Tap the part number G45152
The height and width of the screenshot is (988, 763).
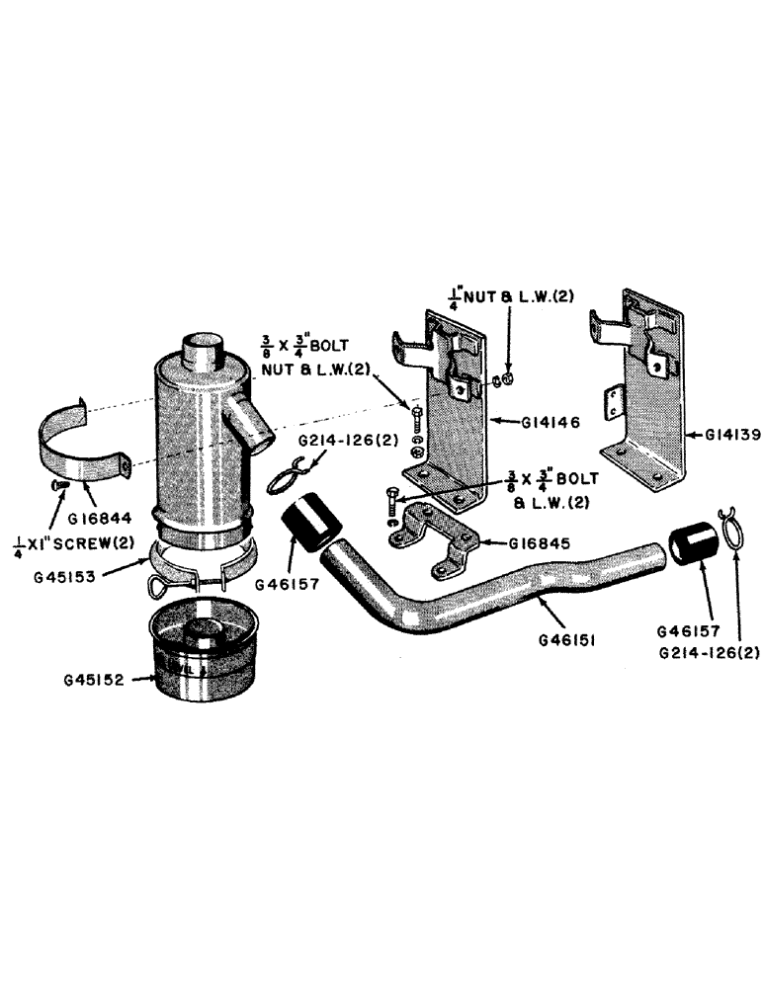tap(96, 680)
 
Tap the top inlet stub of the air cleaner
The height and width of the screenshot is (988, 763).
tap(203, 352)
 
